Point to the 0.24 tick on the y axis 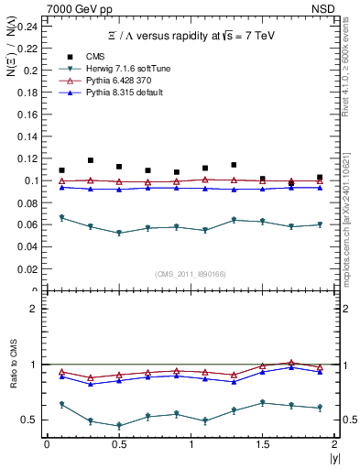(x=28, y=26)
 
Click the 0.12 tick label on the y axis (x=28, y=158)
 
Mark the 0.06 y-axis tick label (x=28, y=225)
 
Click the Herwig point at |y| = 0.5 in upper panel (x=119, y=233)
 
